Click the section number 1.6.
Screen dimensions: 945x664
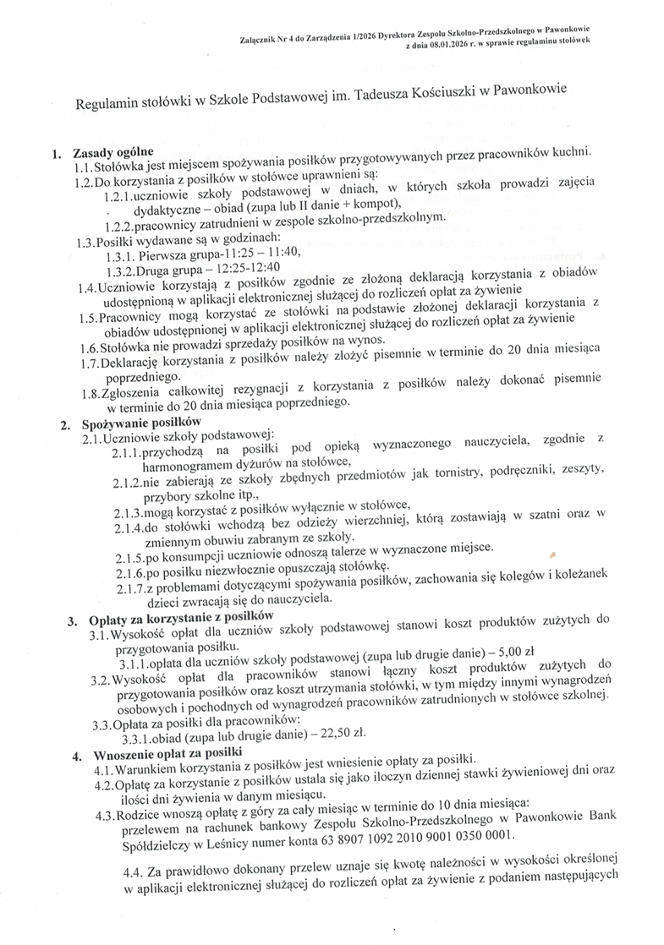point(86,347)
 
